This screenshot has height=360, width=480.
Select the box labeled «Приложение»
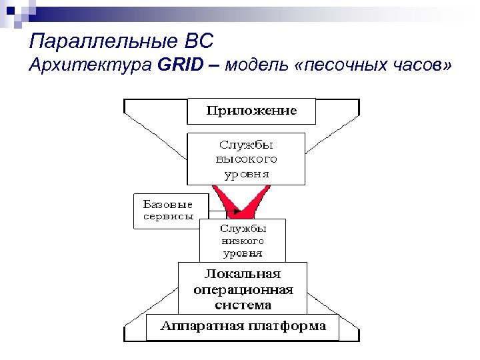pyautogui.click(x=251, y=111)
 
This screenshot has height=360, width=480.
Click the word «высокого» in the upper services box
pyautogui.click(x=246, y=159)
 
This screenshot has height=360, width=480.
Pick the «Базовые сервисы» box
pyautogui.click(x=166, y=211)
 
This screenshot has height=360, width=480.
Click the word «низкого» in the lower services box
pyautogui.click(x=243, y=241)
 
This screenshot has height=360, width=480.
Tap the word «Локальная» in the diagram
pyautogui.click(x=243, y=274)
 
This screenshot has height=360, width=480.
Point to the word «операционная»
pyautogui.click(x=243, y=290)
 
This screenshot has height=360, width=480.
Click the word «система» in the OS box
pyautogui.click(x=243, y=305)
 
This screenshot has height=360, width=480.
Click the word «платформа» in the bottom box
pyautogui.click(x=287, y=327)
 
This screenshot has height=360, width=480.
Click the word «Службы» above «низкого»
pyautogui.click(x=243, y=228)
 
